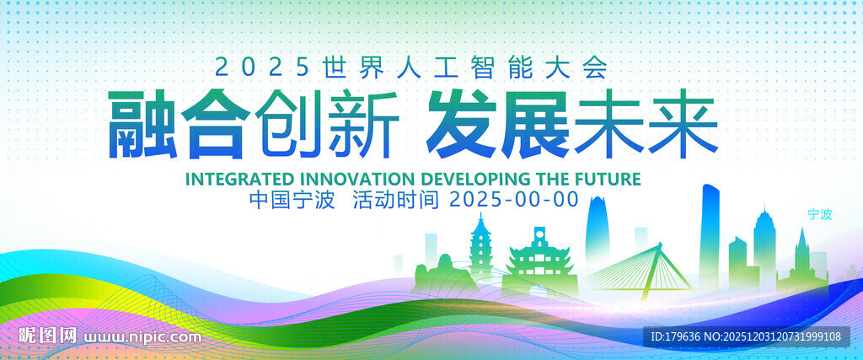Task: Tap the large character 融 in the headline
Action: (142, 125)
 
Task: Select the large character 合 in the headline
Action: (215, 125)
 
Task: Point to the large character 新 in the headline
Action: (364, 125)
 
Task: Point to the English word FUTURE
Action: (610, 179)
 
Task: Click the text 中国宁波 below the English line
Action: (292, 200)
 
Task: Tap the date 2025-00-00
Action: (514, 200)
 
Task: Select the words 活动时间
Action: (395, 200)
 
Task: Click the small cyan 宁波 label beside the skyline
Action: (820, 215)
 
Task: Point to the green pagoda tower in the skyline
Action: (480, 248)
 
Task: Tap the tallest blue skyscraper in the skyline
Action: (710, 237)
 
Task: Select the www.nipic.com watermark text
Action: (142, 336)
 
